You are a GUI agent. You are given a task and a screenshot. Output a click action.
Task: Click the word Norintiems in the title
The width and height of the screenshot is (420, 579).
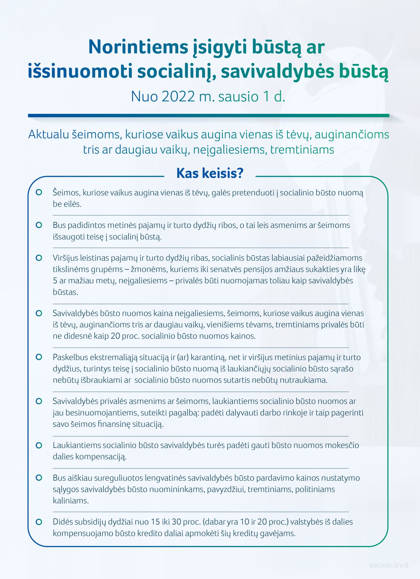point(138,47)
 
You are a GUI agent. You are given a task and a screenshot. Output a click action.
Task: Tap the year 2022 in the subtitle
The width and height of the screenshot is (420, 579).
point(178,96)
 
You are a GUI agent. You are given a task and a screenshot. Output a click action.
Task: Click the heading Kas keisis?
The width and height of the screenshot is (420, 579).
point(210,173)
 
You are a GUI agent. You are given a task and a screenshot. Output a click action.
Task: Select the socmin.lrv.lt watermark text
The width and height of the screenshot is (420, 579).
point(388,565)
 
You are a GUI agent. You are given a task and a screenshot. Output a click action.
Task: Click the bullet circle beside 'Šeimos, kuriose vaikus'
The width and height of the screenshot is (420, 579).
point(39,193)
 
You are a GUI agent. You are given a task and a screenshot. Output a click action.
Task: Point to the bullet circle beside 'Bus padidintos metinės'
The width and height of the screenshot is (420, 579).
point(39,225)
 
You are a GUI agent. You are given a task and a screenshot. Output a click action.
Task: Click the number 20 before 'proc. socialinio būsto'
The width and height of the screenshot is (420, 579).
point(115,336)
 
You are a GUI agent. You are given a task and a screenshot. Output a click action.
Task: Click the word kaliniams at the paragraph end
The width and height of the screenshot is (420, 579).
point(71,501)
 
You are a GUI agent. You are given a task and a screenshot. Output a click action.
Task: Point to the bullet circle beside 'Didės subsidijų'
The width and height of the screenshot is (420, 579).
point(39,522)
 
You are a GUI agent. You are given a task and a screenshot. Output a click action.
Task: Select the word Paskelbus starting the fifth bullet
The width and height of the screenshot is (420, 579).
point(70,357)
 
